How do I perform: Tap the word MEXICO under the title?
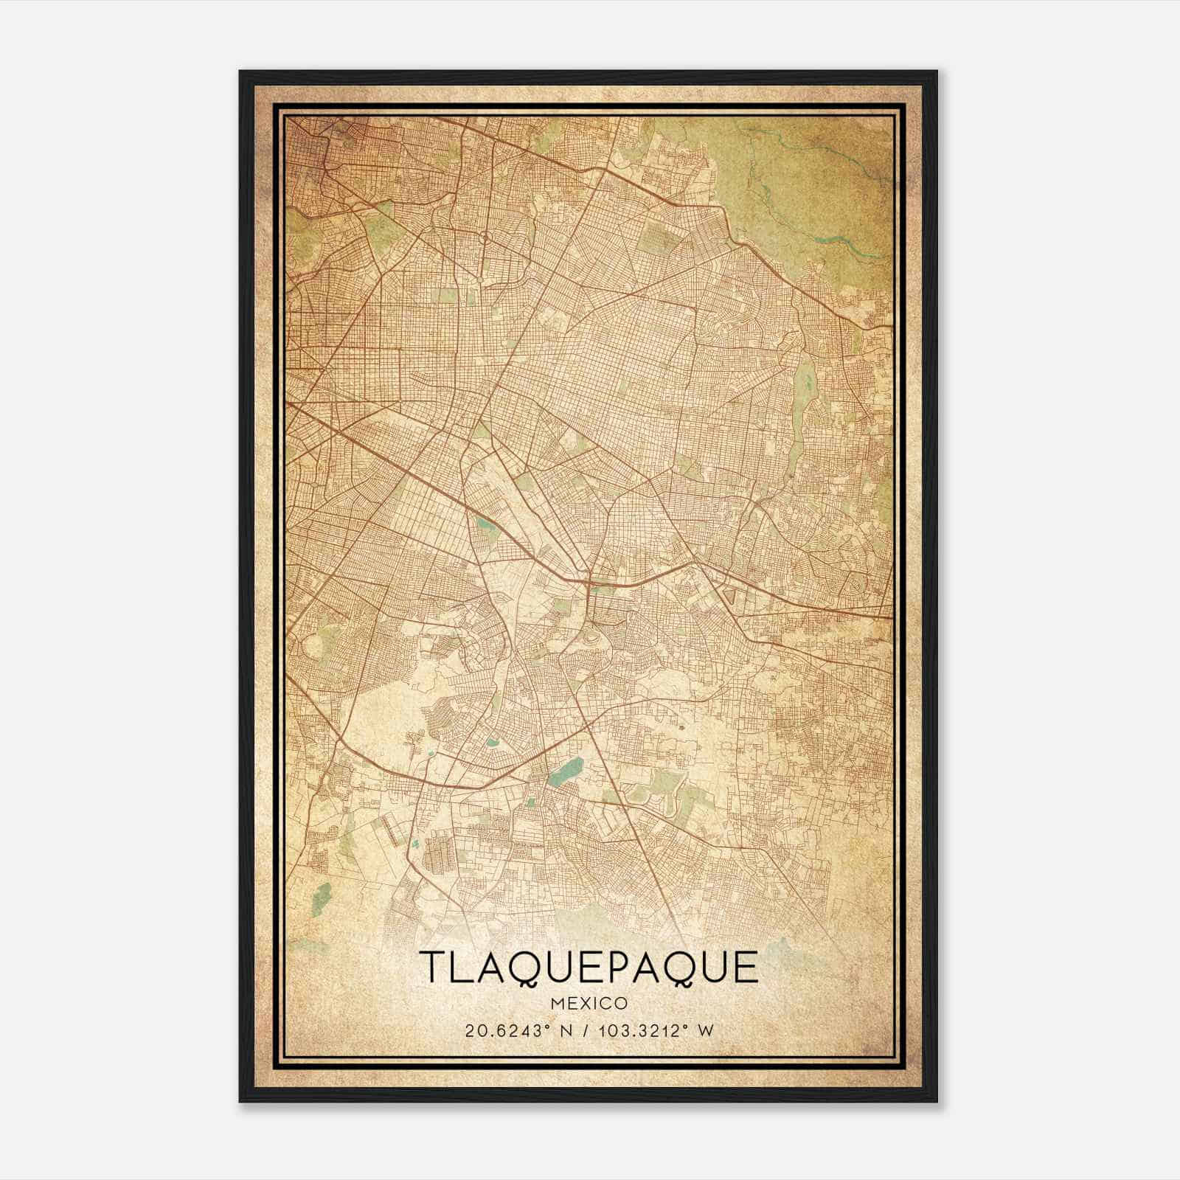point(589,1003)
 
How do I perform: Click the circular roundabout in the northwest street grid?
point(485,237)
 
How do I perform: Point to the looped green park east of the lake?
point(667,796)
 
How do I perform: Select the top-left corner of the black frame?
point(241,72)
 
